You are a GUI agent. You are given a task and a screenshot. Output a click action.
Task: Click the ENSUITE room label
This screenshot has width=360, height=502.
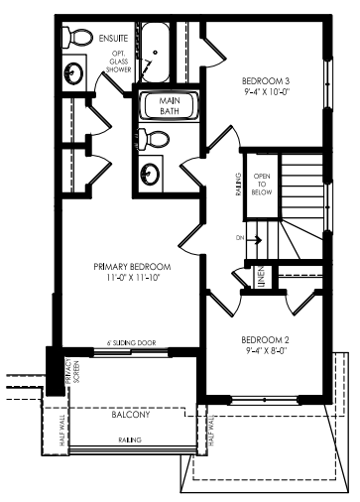coord(113,39)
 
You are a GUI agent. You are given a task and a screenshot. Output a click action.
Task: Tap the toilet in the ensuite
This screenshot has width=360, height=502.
coord(78,37)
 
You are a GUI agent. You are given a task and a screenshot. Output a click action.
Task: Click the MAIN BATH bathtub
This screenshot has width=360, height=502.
coord(170,106)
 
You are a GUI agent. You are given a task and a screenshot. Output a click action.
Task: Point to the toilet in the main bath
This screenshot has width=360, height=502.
coord(154,139)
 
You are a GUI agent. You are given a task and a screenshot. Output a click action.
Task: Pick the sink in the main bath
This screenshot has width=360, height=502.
coord(150,173)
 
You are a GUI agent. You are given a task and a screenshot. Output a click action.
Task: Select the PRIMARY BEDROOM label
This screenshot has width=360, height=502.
coord(132,267)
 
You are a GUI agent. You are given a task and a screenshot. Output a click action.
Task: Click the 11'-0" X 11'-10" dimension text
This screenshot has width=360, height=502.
coord(133,278)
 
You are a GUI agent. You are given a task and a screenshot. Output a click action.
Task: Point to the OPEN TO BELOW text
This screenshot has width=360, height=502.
coord(262,184)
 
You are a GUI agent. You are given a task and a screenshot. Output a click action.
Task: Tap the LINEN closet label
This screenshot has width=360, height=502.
coord(261,277)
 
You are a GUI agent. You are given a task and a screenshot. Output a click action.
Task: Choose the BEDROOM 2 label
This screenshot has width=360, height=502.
coord(265,339)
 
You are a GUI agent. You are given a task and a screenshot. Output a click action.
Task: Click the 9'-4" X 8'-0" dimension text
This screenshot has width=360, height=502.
coord(265,350)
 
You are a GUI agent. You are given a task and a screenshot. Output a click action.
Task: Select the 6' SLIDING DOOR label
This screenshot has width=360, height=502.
coord(131,343)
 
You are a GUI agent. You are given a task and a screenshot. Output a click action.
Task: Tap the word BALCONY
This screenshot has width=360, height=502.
coord(131,415)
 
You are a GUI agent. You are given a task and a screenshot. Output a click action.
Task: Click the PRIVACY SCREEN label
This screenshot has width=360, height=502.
coord(72,371)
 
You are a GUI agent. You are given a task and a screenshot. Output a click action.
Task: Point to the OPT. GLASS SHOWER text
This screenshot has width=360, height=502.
coord(119,62)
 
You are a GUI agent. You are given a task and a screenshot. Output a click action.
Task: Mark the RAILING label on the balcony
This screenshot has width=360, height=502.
coord(130,440)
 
